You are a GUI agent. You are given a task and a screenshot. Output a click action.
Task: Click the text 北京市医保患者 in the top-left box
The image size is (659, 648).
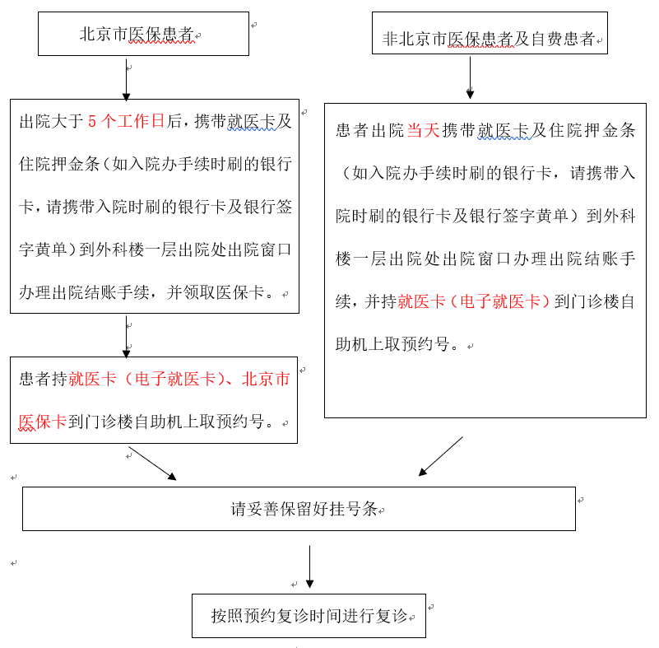click(137, 35)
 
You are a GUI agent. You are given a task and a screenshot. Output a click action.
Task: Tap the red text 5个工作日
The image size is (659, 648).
click(126, 122)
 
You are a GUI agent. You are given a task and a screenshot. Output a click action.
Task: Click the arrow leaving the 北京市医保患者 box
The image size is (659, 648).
click(126, 79)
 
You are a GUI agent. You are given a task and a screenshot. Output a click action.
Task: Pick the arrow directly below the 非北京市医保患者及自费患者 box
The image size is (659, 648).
click(470, 77)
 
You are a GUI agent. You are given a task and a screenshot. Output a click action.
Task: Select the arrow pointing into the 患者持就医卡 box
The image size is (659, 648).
click(126, 338)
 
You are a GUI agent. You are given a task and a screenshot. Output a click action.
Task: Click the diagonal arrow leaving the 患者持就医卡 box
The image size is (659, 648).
click(152, 463)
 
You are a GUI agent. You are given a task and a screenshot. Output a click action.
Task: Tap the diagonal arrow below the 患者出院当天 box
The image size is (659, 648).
click(441, 456)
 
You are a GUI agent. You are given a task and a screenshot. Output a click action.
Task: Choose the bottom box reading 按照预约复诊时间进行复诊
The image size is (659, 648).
click(309, 616)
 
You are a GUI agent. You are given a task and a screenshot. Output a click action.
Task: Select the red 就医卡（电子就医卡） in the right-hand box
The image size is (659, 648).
click(473, 301)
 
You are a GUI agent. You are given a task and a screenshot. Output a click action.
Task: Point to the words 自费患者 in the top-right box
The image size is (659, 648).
click(563, 39)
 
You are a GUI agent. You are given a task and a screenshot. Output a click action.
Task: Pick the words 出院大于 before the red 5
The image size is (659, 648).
click(51, 122)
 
